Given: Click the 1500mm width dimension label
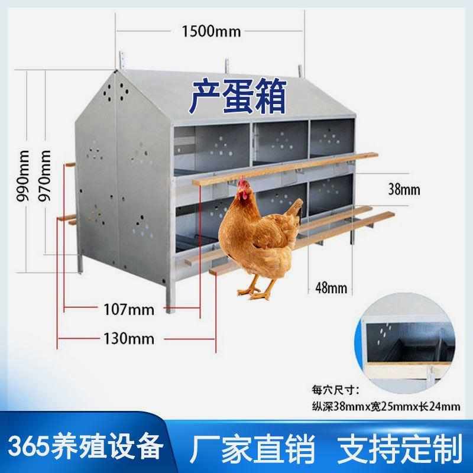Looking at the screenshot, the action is [x=212, y=31].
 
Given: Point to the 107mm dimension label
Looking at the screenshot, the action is [x=128, y=309].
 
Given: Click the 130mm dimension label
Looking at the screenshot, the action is [x=128, y=339].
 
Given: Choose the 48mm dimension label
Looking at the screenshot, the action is [x=329, y=289].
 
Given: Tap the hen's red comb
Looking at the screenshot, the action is [x=242, y=185].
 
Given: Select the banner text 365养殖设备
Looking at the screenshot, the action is [x=85, y=444].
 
